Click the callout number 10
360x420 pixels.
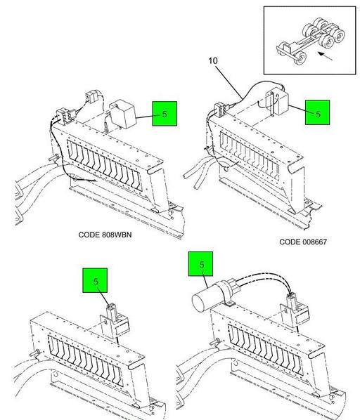[x=213, y=61]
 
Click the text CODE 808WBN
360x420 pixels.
[x=105, y=235]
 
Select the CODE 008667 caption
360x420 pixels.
[x=303, y=242]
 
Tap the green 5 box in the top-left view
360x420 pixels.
[x=165, y=114]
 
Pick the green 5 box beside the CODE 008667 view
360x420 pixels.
[x=318, y=113]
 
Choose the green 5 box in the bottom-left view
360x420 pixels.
[x=95, y=280]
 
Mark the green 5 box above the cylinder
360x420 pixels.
[x=201, y=264]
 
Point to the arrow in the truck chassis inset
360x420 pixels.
[x=325, y=56]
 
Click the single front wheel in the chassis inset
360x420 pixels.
[x=300, y=58]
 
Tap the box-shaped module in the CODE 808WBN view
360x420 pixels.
[x=123, y=113]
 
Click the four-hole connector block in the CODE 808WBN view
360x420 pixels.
[x=65, y=116]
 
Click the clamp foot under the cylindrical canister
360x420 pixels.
[x=229, y=304]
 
